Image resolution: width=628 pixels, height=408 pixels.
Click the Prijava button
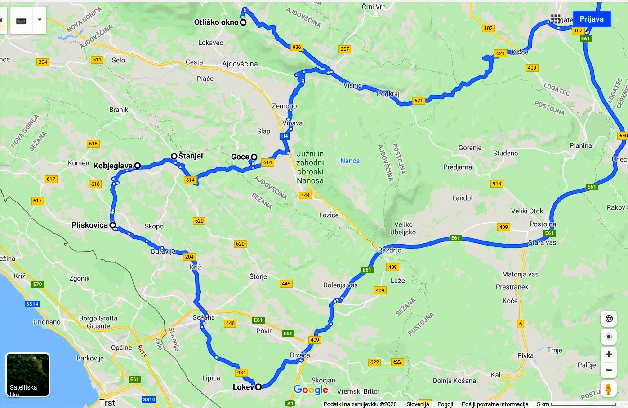pos(591,19)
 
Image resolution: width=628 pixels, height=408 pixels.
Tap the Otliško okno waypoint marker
pos(243,22)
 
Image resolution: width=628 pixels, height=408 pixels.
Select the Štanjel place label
pos(191,156)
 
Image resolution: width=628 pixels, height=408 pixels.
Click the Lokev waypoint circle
pos(258,387)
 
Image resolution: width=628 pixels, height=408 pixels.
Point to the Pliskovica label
pos(89,225)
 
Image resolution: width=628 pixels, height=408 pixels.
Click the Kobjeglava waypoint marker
pos(138,166)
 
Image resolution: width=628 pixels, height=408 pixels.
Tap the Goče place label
pos(240,157)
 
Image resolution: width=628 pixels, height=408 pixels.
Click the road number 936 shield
pos(296,47)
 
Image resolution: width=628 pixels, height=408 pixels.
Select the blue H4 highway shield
pos(284,136)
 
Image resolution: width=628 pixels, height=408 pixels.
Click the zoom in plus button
pos(608,354)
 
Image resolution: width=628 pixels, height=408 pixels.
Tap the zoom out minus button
pos(608,370)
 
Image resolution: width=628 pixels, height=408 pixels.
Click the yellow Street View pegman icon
pos(608,389)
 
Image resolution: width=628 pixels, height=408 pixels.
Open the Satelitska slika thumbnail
pos(27,375)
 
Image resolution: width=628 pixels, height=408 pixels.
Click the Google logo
pos(311,390)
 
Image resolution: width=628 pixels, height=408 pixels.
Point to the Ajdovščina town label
pos(240,64)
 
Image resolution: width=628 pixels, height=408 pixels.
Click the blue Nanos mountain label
pos(350,161)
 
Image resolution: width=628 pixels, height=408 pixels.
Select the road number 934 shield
pos(241,373)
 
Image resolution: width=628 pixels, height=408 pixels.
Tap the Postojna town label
pos(543,224)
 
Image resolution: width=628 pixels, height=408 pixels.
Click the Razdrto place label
pos(390,250)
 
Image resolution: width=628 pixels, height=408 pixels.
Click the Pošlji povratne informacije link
pos(494,404)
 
